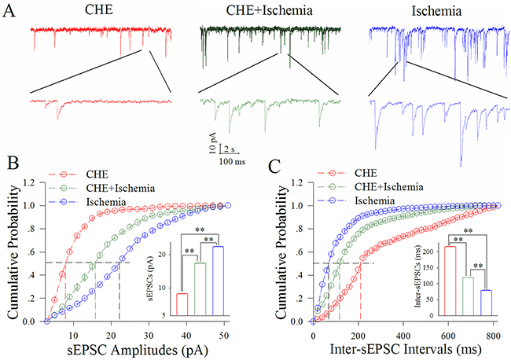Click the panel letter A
[12, 11]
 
